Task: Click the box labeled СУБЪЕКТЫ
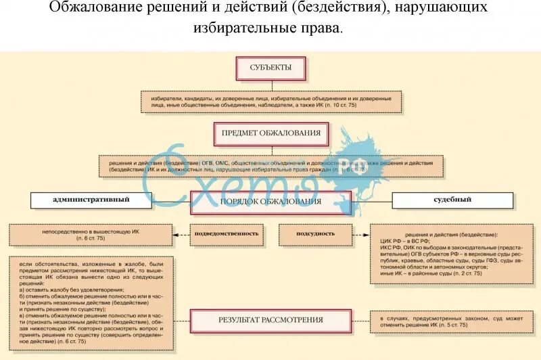tap(270, 68)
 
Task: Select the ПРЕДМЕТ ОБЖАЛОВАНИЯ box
tap(270, 134)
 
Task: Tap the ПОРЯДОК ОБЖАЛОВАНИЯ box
tap(270, 202)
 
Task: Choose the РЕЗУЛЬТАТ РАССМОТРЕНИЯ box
tap(270, 320)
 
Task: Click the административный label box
tap(90, 200)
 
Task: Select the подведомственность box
tap(227, 233)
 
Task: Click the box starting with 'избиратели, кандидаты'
tap(270, 102)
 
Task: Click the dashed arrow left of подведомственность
tap(181, 234)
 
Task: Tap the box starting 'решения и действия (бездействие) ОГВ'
tap(270, 166)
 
